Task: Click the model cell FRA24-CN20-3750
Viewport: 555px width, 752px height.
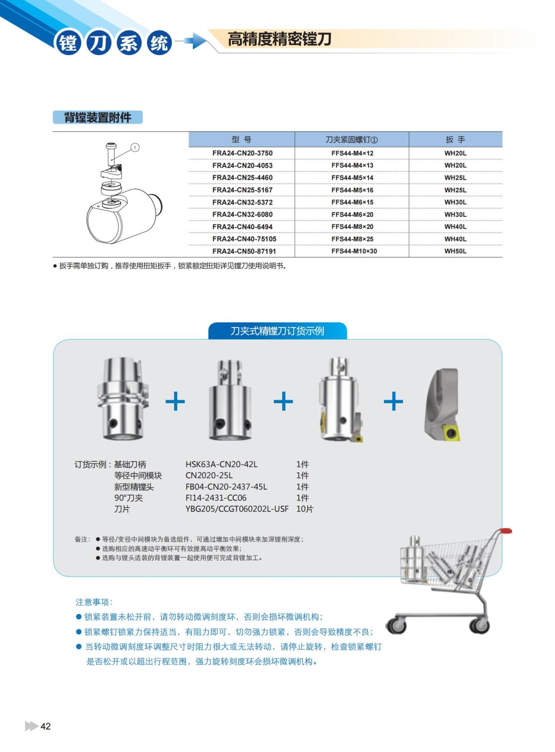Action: point(242,153)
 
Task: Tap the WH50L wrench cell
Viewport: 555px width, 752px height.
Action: point(455,251)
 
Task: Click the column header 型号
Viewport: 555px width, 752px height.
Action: point(241,139)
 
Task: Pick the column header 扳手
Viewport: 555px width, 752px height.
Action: point(455,139)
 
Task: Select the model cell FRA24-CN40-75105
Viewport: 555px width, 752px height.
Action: point(244,239)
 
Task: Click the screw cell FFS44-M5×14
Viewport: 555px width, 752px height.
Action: point(352,177)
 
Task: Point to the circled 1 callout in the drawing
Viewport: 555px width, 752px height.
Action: point(135,147)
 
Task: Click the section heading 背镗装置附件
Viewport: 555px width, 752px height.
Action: point(98,118)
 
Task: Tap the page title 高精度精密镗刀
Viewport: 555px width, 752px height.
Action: point(279,39)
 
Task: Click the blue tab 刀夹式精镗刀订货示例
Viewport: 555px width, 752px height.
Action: point(277,331)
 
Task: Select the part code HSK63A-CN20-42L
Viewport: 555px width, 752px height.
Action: point(222,464)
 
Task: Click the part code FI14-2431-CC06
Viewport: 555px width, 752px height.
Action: point(216,498)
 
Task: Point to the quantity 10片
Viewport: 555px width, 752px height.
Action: point(305,509)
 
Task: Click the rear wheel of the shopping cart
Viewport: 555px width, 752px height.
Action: point(480,625)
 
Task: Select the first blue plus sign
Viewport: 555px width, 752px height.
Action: point(175,401)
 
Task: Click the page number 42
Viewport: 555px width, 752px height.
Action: point(46,727)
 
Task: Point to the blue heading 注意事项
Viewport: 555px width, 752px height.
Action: point(94,602)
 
